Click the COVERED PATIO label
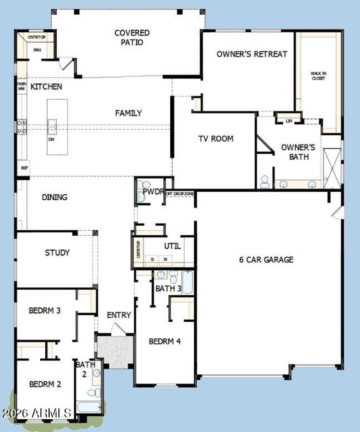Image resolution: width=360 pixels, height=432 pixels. [x=132, y=38]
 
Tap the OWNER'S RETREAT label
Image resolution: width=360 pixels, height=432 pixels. [x=252, y=54]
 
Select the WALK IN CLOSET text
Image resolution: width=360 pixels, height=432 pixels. [x=318, y=76]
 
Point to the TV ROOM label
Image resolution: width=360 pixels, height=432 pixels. [x=216, y=139]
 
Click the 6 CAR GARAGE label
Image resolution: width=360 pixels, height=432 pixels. [x=266, y=260]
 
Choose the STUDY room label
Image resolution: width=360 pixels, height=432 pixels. [x=57, y=253]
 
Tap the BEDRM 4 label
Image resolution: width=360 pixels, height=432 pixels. [x=165, y=341]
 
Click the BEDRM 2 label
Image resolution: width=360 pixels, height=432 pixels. [x=45, y=384]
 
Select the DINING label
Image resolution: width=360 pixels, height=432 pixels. [x=54, y=197]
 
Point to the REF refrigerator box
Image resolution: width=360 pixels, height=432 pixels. [x=24, y=168]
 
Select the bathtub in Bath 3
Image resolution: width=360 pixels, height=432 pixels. [x=188, y=282]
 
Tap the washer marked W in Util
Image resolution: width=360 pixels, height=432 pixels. [x=165, y=259]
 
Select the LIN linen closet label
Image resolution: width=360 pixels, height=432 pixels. [x=289, y=121]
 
